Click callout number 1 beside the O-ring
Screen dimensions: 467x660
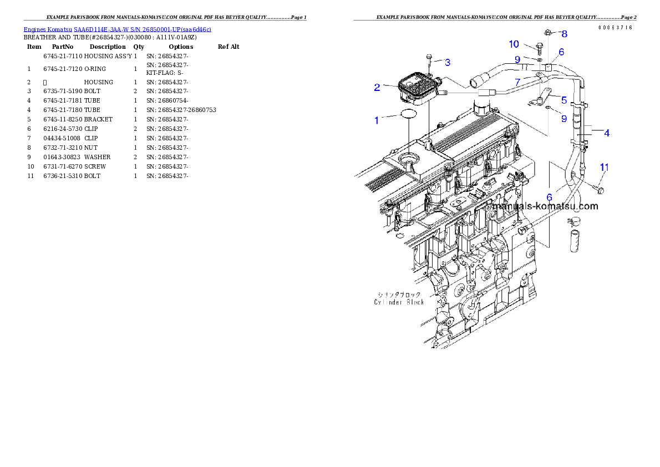377,120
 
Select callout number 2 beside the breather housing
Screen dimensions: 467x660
377,87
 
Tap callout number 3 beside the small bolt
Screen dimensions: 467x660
447,62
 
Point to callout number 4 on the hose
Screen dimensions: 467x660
607,133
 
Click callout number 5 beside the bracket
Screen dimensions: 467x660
564,100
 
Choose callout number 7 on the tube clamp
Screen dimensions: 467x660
517,82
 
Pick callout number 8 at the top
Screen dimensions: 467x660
564,34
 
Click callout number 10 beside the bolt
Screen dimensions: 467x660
514,44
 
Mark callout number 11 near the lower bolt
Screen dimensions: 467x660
605,167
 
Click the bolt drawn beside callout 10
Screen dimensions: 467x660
540,48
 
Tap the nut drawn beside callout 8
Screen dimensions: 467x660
548,32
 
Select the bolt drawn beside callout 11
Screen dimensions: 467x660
600,189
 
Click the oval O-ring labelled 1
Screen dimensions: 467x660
409,115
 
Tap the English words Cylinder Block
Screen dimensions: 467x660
399,302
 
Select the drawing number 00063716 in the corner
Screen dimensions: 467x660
615,28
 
